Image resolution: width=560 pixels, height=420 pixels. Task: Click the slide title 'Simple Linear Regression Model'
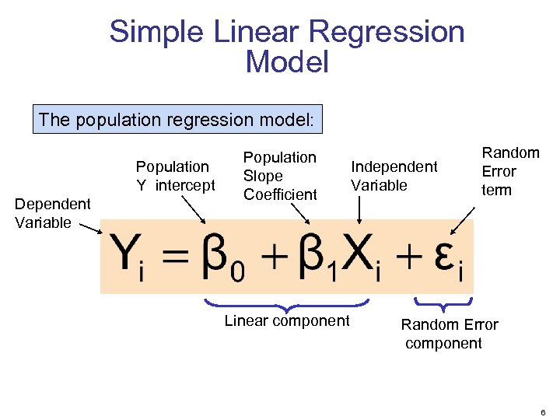tap(286, 47)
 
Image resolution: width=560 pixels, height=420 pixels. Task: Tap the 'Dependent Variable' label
tap(53, 213)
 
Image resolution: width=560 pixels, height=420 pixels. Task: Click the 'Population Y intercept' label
tap(175, 176)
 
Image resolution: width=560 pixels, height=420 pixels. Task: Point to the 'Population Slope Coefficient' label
tap(280, 176)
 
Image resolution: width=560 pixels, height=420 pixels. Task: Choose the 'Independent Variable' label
tap(394, 176)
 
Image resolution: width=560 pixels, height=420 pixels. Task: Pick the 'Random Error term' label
tap(509, 171)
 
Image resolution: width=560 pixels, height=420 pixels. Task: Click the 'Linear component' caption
tap(287, 320)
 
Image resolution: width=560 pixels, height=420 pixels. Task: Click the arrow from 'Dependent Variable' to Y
tap(90, 227)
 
